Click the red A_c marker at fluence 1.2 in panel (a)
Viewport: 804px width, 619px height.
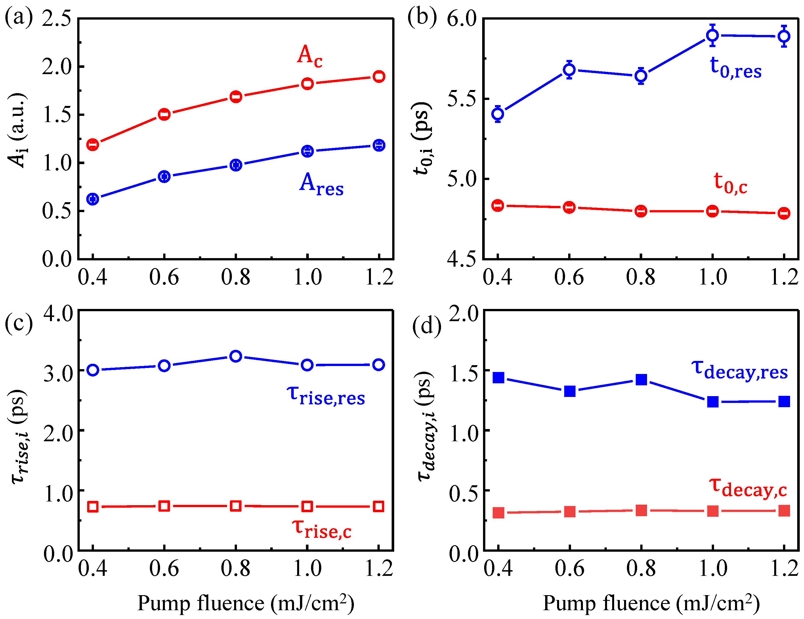coord(379,77)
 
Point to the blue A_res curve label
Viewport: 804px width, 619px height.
coord(321,184)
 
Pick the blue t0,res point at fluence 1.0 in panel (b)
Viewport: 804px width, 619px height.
coord(712,35)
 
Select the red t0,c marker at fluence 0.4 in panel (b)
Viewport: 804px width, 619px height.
coord(498,206)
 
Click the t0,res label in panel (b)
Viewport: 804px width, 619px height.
coord(735,68)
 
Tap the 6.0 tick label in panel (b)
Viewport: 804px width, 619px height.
coord(462,18)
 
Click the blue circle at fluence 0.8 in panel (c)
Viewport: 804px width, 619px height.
coord(236,356)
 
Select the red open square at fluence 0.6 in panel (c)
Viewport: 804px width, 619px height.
coord(164,506)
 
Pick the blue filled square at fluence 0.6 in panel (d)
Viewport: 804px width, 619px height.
coord(570,391)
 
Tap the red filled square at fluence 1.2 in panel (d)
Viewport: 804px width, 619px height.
coord(784,511)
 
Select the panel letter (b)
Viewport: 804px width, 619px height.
coord(422,17)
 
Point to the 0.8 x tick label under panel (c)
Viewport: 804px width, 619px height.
coord(236,568)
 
